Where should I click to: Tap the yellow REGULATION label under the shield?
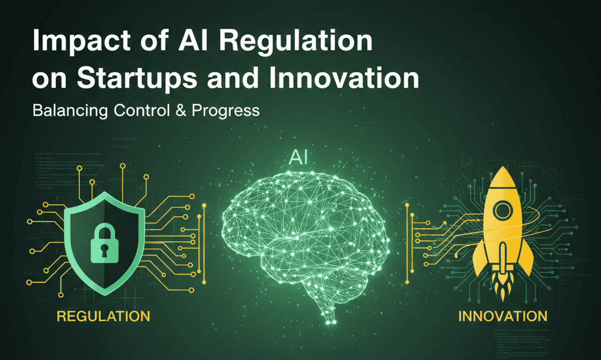point(103,317)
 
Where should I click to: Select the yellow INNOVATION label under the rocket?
point(502,317)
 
